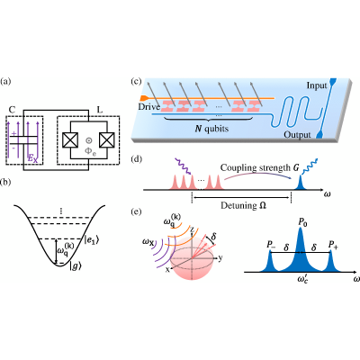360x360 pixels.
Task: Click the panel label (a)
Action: pos(5,81)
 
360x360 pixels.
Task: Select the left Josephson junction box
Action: pos(70,139)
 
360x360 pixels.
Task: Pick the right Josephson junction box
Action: pos(107,139)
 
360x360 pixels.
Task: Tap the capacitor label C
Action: pos(12,110)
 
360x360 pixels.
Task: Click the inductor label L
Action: pos(100,110)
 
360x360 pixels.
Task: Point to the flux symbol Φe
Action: pos(90,150)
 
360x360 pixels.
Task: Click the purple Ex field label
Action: pos(32,159)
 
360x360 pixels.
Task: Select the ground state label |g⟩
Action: pos(76,266)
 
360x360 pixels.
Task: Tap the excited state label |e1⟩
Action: pos(92,239)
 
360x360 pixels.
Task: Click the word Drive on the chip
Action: pos(149,106)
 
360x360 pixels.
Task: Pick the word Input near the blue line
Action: pos(317,85)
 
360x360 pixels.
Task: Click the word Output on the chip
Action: pos(297,135)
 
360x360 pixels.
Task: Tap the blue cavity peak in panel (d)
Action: pos(300,184)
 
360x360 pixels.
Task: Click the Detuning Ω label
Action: pos(244,206)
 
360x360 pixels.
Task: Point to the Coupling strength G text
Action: pos(260,167)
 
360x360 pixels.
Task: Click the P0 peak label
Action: pos(302,222)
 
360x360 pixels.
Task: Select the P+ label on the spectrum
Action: pos(333,245)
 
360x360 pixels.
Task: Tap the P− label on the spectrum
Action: pos(271,245)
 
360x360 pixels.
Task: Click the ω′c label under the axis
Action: pos(302,279)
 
